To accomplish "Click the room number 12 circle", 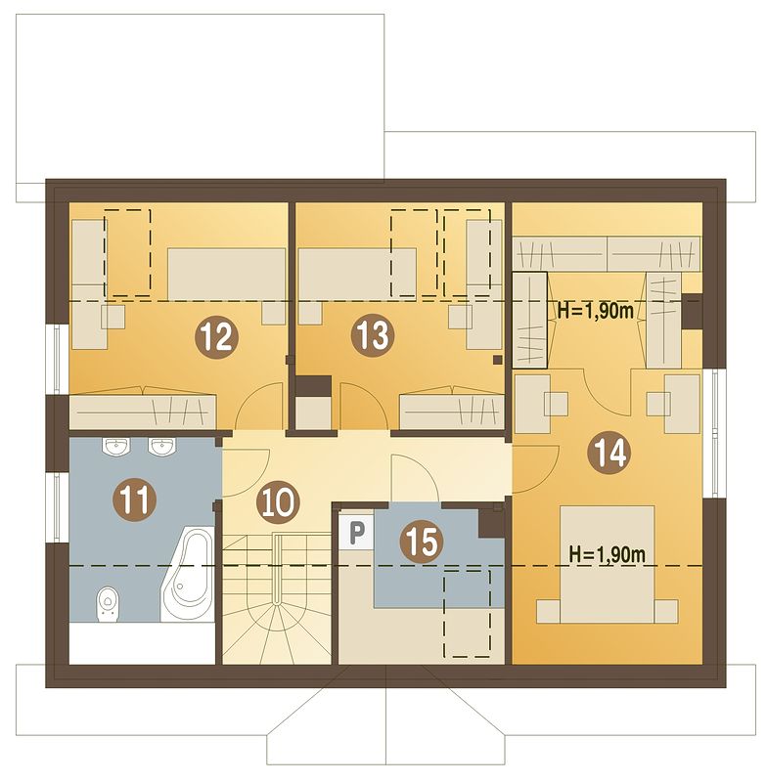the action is tap(216, 336).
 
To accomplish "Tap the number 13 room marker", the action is tap(373, 334).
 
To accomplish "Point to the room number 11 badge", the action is tap(135, 500).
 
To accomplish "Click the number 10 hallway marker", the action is tap(278, 503).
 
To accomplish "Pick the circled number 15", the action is tap(422, 543).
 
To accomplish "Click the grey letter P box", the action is tap(356, 532).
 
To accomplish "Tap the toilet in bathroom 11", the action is tap(108, 604).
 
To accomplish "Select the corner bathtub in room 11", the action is tap(187, 574).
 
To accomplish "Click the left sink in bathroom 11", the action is tap(117, 446).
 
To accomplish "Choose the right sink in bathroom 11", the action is tap(162, 446).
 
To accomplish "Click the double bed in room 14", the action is tap(608, 565).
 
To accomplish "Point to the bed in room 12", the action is tap(227, 274).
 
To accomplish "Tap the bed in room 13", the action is tap(357, 274).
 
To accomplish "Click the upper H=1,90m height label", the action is tap(596, 311).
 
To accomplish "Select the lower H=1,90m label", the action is tap(608, 554).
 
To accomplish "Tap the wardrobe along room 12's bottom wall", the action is tap(143, 412).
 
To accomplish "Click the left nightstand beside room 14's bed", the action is tap(549, 612).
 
